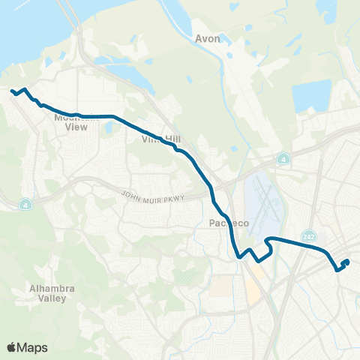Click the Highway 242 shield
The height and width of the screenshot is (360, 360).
(309, 235)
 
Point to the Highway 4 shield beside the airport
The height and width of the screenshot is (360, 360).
(283, 159)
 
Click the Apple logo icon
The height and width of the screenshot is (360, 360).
(11, 347)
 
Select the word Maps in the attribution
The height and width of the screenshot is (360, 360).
(33, 347)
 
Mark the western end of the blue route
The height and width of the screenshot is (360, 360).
(12, 91)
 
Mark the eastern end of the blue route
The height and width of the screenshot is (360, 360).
(347, 261)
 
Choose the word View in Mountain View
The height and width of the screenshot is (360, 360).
(76, 127)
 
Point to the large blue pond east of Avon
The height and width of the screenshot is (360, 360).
(310, 97)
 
